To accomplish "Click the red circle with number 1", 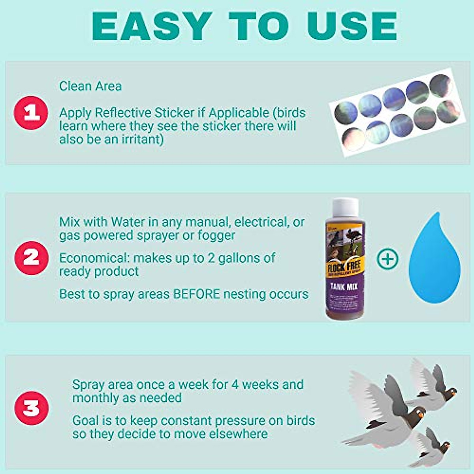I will (x=31, y=113).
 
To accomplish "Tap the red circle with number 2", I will (x=31, y=258).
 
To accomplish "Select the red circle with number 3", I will (x=31, y=408).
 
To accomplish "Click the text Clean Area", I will (x=90, y=86).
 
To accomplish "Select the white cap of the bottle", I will (x=345, y=209).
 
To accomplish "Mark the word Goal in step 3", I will (x=85, y=420).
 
